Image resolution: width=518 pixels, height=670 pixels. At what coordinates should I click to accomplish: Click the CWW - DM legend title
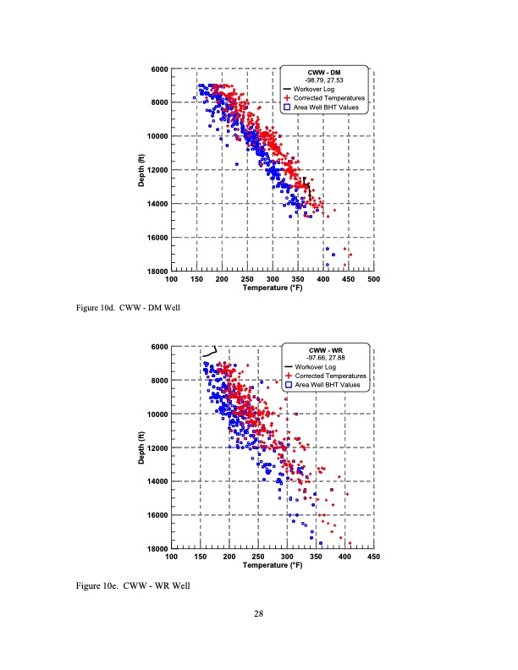325,72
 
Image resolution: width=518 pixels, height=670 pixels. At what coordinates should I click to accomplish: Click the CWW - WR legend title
325,350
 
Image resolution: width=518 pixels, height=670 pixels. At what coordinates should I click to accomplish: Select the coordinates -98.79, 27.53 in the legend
325,80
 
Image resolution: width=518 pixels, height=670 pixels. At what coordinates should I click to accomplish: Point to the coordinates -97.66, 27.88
325,358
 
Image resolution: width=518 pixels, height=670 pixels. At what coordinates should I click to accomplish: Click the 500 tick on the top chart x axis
374,278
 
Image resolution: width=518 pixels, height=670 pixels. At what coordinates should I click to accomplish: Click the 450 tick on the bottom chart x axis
374,556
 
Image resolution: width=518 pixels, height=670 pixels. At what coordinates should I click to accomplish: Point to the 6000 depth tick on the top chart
158,69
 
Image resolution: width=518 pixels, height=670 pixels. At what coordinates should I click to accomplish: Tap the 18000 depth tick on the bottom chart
157,549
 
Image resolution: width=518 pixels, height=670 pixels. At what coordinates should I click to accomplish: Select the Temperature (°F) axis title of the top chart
272,287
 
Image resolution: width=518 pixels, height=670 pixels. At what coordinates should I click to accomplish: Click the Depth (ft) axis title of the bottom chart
142,447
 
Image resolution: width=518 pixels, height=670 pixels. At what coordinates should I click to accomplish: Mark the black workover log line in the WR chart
211,351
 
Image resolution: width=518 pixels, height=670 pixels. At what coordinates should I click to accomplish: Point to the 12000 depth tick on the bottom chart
157,448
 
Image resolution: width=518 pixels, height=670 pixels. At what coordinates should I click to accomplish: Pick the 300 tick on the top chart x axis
273,278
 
